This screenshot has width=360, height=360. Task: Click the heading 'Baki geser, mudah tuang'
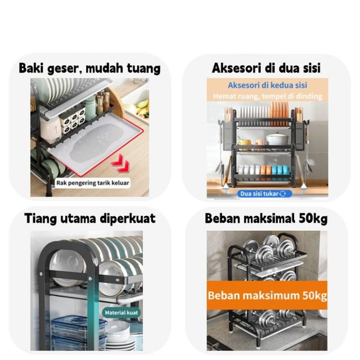[90, 68]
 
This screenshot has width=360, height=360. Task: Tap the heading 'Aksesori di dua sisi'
[266, 68]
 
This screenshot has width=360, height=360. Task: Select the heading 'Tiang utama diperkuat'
[90, 218]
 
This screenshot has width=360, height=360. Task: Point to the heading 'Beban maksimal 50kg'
[266, 218]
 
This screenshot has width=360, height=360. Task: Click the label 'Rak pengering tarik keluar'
[93, 183]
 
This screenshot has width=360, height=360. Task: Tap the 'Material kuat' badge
[121, 312]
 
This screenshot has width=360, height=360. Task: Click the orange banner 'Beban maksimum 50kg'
[267, 296]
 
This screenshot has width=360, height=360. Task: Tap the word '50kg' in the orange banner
[313, 296]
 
